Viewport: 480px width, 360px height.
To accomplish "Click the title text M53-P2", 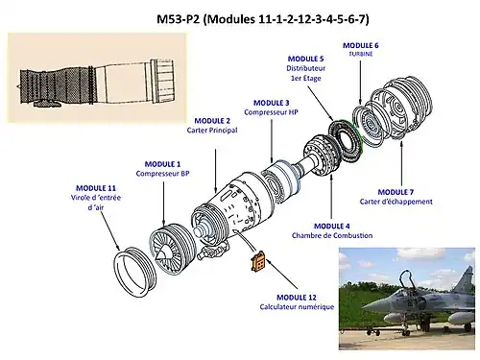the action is tap(179, 19).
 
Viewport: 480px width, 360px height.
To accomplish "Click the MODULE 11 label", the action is tap(96, 188).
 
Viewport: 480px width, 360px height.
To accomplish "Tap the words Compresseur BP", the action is tap(162, 174).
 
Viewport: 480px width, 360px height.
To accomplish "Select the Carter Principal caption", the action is tap(212, 131).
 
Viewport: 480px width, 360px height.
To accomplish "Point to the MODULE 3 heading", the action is tap(272, 103).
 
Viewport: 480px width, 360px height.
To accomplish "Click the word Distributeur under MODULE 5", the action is tap(305, 68).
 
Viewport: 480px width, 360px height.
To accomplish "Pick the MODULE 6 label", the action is tap(361, 45).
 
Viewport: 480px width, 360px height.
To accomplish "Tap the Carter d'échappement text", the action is tap(396, 202).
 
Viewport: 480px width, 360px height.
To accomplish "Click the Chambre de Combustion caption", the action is tap(332, 235).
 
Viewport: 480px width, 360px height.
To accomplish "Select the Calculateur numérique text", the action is tap(297, 307).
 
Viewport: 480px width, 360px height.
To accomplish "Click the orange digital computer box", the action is tap(258, 262).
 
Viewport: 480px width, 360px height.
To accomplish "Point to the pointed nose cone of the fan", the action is tap(163, 253).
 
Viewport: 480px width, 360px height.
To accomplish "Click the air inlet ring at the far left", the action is tap(135, 272).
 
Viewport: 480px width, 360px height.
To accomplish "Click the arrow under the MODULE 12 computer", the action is tap(282, 274).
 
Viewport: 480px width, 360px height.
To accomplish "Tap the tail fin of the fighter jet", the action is tap(464, 277).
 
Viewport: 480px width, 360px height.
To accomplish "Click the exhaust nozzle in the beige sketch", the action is tap(162, 81).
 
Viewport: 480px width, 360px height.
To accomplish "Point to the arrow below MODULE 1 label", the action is tap(163, 204).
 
